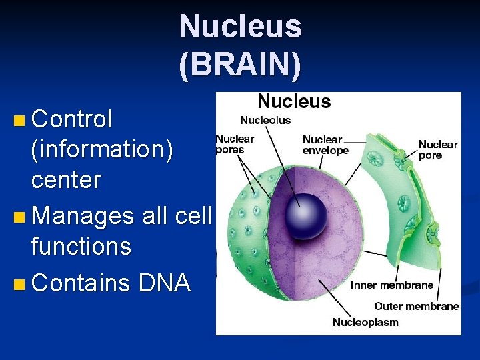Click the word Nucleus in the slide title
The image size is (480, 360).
pos(240,27)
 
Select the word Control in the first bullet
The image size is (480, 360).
pos(72,120)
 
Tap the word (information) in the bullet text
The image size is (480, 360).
pos(102,150)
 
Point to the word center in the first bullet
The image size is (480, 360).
pos(66,180)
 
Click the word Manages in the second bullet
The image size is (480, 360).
pos(83,216)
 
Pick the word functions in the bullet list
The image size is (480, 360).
pos(81,247)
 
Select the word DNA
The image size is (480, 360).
pos(165,283)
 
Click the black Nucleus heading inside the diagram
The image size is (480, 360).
pos(294,101)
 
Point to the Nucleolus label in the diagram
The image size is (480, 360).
pos(265,121)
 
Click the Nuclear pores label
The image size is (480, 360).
pos(235,144)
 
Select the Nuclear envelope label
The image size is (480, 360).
pos(325,145)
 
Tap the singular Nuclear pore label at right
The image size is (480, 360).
pos(438,149)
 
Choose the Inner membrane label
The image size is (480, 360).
pos(392,285)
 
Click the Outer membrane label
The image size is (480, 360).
pos(417,306)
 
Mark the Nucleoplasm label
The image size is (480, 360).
pos(365,323)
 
